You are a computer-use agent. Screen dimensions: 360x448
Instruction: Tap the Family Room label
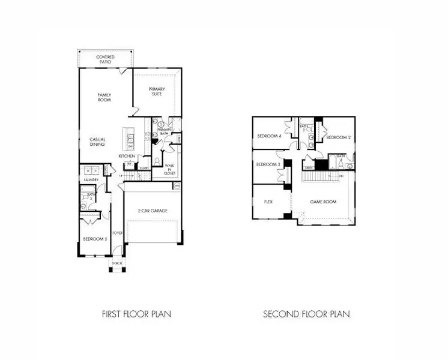[x=105, y=97]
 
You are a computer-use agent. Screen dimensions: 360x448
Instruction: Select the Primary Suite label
[x=157, y=91]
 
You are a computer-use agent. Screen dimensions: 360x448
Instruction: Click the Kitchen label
[x=127, y=156]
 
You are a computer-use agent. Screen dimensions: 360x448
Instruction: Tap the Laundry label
[x=91, y=179]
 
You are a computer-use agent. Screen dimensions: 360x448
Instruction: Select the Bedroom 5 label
[x=94, y=239]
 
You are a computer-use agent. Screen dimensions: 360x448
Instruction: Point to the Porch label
[x=117, y=263]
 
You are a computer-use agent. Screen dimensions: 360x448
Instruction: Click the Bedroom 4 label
[x=270, y=136]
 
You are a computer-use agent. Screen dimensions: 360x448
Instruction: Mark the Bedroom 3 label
[x=268, y=164]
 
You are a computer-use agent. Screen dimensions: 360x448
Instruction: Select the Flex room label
[x=268, y=202]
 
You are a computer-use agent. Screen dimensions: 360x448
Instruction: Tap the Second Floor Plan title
[x=306, y=314]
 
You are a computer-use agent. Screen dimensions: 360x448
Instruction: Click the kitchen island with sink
[x=130, y=140]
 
